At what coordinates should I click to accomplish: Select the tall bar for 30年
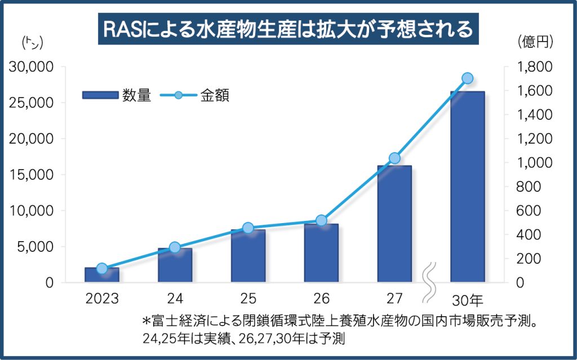coord(467,186)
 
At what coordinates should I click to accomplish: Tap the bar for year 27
coord(394,224)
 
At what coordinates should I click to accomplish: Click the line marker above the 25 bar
coord(248,228)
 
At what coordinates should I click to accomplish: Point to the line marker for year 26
coord(321,220)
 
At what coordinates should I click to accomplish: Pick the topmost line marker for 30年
coord(467,78)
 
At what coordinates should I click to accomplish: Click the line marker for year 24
coord(175,247)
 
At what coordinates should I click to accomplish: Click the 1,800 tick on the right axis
coord(535,67)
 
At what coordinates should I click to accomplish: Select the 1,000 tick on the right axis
coord(535,163)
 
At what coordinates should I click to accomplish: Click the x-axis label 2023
coord(102,298)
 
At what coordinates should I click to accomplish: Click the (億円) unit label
coord(535,41)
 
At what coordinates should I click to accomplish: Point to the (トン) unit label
coord(32,41)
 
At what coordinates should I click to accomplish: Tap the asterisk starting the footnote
coord(147,322)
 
